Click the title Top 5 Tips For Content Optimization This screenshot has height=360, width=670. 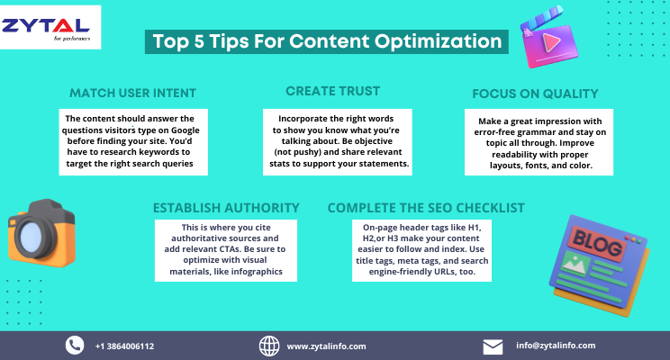point(326,40)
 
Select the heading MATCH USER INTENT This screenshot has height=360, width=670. point(132,94)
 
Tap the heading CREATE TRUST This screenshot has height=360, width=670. point(332,91)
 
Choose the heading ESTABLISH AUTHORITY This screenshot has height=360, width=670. point(226,208)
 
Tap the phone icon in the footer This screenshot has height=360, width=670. point(74,346)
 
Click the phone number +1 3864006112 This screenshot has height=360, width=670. point(124,346)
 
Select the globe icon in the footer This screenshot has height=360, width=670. point(269,346)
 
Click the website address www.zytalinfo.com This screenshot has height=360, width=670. point(326,346)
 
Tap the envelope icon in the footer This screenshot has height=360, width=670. point(493,346)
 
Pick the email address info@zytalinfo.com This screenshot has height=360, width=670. point(556,346)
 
